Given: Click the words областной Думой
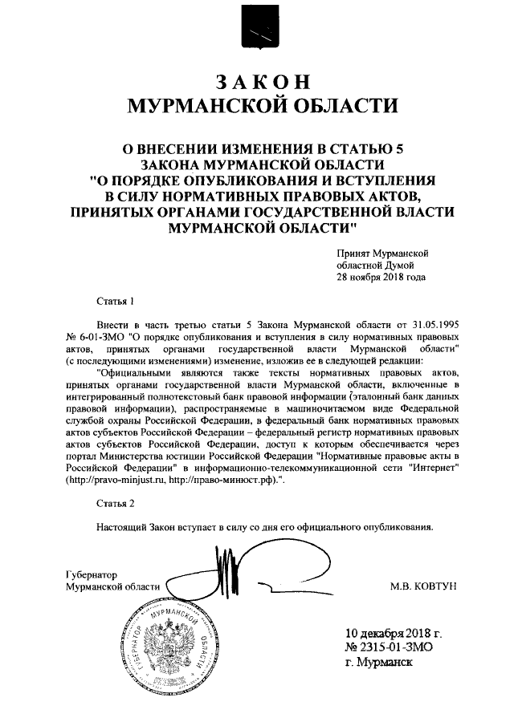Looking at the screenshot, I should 375,265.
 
